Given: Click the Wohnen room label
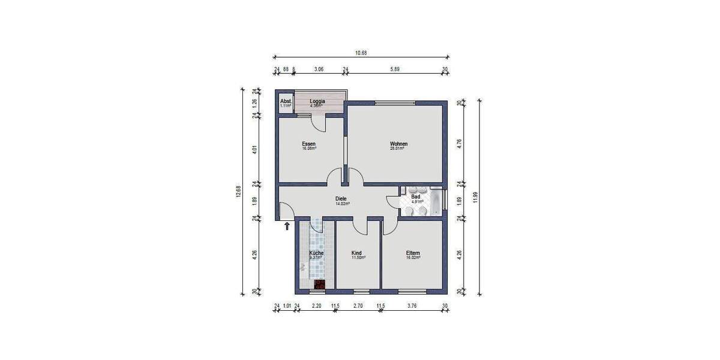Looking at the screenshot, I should click(398, 144).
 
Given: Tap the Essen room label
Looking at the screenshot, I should click(308, 144).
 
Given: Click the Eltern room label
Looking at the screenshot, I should click(413, 253).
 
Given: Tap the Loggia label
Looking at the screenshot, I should click(317, 101).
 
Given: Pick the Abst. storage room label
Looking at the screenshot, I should click(286, 101).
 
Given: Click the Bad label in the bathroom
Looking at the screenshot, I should click(415, 197).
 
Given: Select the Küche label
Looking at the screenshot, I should click(316, 253).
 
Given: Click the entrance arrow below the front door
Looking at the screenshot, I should click(287, 226).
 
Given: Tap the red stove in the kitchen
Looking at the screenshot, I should click(320, 284).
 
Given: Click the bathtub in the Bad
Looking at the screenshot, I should click(436, 202).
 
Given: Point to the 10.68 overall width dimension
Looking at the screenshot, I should click(361, 53).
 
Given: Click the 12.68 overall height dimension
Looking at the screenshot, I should click(239, 191).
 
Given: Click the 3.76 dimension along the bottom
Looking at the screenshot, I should click(412, 306).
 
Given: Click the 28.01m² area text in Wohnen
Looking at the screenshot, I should click(397, 149).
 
